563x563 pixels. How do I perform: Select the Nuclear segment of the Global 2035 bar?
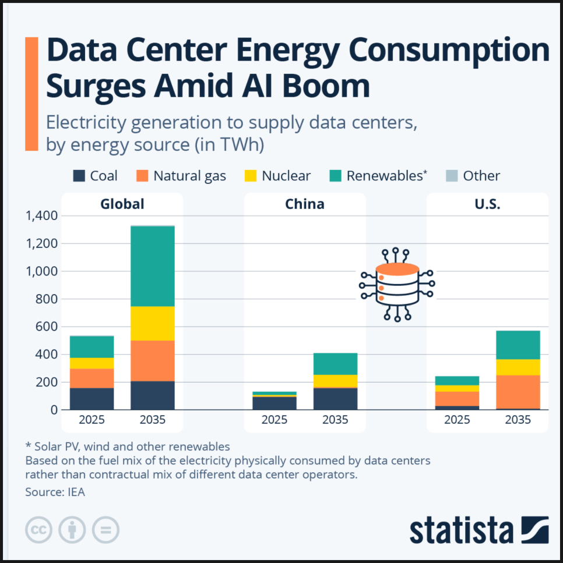[152, 323]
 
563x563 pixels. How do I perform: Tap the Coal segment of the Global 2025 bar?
[92, 399]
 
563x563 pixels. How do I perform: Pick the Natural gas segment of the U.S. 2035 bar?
[518, 392]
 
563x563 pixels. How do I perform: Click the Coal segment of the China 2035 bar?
[335, 399]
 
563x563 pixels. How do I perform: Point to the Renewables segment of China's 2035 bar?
[335, 364]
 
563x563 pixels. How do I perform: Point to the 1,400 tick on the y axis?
[41, 216]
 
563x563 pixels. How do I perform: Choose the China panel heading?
[304, 204]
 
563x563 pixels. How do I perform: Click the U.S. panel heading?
[487, 204]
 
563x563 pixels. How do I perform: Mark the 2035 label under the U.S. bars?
[518, 420]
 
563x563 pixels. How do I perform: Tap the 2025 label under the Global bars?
[92, 420]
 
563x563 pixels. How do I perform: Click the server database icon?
[397, 284]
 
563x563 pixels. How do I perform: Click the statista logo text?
[461, 530]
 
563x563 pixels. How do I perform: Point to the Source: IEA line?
[55, 493]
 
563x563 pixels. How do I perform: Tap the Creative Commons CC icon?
[38, 530]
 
